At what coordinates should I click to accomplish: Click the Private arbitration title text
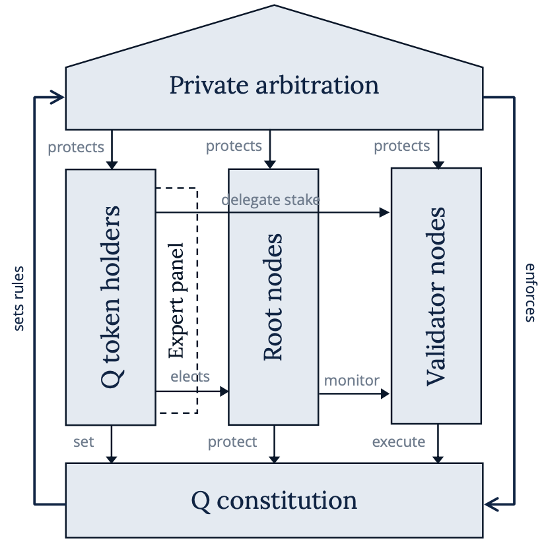coord(274,86)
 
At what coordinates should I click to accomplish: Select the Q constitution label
coord(274,501)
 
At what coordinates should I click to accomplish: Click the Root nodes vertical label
coord(273,297)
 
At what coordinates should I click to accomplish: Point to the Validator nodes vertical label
coord(436,297)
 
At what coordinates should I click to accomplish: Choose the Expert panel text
coord(176,301)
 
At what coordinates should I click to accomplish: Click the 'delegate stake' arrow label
coord(271,199)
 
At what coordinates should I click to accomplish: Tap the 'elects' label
coord(190,376)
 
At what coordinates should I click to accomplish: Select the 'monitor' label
coord(351,380)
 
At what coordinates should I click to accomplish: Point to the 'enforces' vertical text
coord(529,292)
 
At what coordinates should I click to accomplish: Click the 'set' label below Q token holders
coord(83,441)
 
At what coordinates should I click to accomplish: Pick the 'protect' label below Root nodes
coord(232,442)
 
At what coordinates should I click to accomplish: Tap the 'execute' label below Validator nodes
coord(399,442)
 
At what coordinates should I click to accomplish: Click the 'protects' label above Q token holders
coord(76,146)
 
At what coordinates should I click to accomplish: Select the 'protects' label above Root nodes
coord(234,146)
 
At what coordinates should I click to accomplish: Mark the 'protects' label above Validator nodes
coord(401,146)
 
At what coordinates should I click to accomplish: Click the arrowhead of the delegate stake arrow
coord(385,212)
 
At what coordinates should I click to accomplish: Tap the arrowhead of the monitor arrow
coord(385,394)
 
